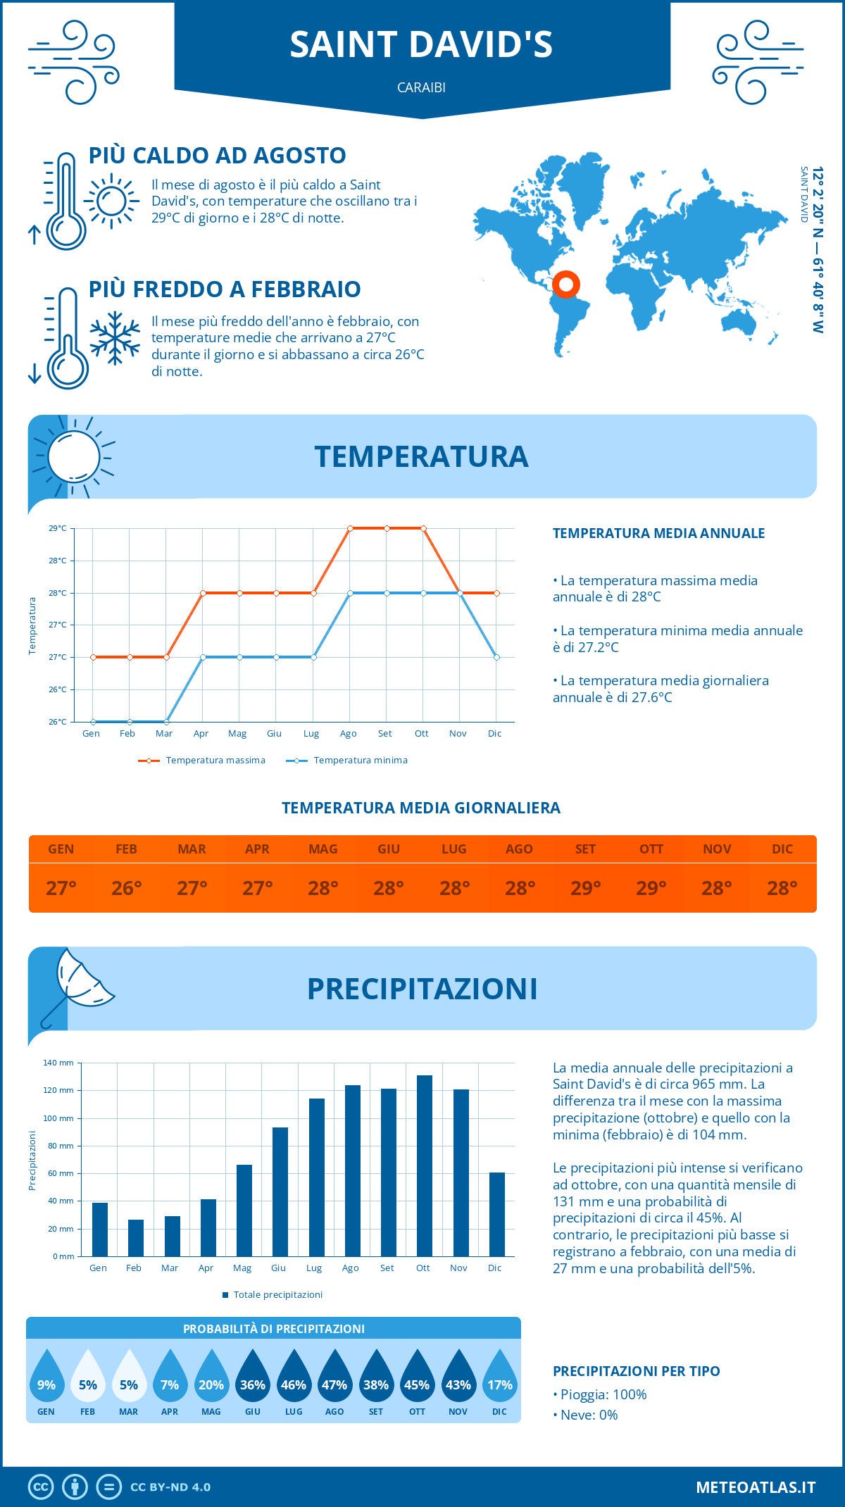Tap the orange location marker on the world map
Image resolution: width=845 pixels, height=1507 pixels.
[x=565, y=284]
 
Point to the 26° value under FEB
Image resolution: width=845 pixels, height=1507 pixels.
[x=127, y=888]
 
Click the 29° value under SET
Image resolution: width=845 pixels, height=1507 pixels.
[x=585, y=888]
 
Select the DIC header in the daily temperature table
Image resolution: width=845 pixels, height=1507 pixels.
[x=782, y=849]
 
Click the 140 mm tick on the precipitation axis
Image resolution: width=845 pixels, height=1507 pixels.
[x=58, y=1063]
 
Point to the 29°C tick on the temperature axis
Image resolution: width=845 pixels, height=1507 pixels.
[x=58, y=528]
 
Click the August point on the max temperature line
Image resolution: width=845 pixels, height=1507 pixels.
[x=350, y=528]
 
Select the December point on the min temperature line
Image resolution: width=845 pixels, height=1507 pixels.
[x=496, y=657]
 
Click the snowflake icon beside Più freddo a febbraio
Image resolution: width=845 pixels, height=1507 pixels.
[x=115, y=338]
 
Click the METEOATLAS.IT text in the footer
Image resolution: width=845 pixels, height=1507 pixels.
[x=755, y=1487]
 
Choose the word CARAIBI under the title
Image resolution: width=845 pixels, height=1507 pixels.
[x=421, y=87]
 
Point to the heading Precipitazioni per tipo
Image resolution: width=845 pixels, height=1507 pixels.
[x=636, y=1370]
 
